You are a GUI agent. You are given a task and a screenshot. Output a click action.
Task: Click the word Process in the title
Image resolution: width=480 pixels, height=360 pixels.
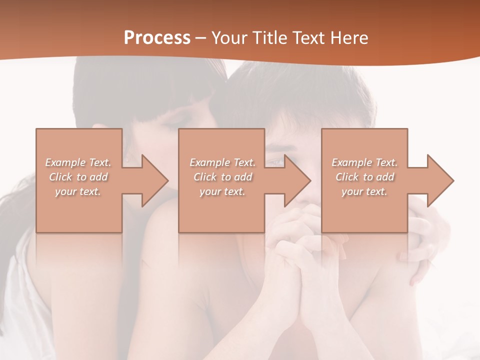[157, 37]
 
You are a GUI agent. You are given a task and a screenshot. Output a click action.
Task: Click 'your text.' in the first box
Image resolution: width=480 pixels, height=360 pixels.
[78, 191]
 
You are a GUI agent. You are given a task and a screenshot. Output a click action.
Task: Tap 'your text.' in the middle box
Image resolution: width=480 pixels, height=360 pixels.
[222, 191]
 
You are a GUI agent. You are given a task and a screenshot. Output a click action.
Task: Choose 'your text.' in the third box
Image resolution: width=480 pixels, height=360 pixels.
[364, 191]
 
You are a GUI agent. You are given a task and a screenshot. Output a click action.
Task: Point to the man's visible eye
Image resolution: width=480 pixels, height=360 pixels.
[275, 161]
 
